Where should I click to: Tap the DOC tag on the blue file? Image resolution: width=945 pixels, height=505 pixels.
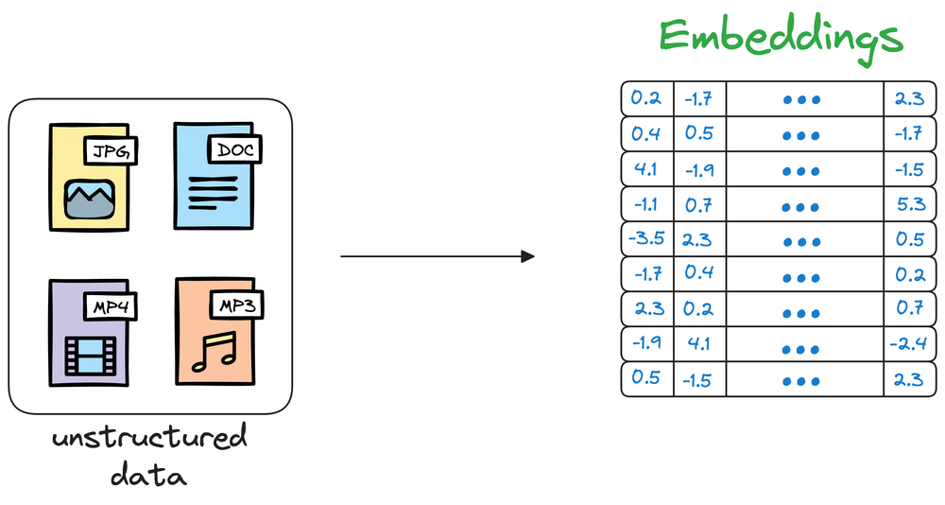234,149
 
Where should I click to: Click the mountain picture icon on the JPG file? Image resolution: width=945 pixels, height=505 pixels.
89,197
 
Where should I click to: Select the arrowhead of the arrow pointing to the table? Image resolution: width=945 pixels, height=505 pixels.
527,256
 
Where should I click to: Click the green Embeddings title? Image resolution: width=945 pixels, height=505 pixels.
781,38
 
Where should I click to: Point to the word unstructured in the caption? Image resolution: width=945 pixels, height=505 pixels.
149,439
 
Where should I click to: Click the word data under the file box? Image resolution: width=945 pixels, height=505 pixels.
148,474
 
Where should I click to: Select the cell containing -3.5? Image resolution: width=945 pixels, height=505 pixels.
646,237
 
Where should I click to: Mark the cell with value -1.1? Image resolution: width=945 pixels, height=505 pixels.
646,202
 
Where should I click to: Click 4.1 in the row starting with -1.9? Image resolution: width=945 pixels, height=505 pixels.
699,343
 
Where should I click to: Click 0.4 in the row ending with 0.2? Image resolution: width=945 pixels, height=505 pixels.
699,273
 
